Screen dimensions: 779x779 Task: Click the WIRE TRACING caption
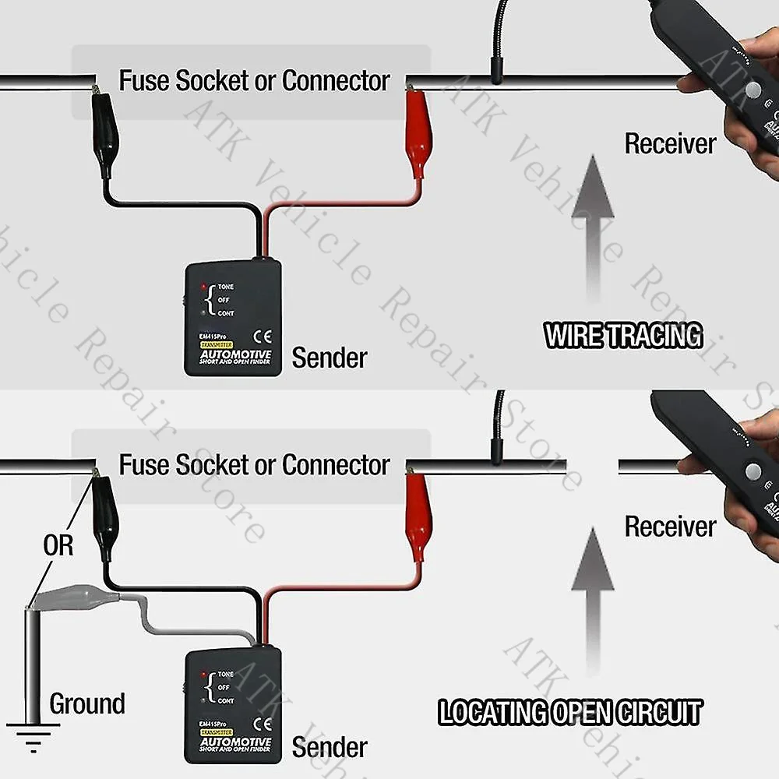pos(623,336)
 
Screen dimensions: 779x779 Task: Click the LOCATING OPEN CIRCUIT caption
pos(569,712)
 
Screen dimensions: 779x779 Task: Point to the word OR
pos(58,545)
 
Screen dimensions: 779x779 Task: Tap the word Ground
pos(87,703)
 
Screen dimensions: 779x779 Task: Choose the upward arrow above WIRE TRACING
pos(594,227)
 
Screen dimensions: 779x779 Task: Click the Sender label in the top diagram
pos(330,358)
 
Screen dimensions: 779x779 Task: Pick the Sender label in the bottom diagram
pos(330,747)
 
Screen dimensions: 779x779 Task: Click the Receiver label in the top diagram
pos(670,143)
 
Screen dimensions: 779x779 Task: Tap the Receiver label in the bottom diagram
pos(670,527)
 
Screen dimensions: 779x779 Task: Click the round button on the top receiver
pos(753,90)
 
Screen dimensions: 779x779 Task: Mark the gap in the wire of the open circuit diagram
pos(594,467)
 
